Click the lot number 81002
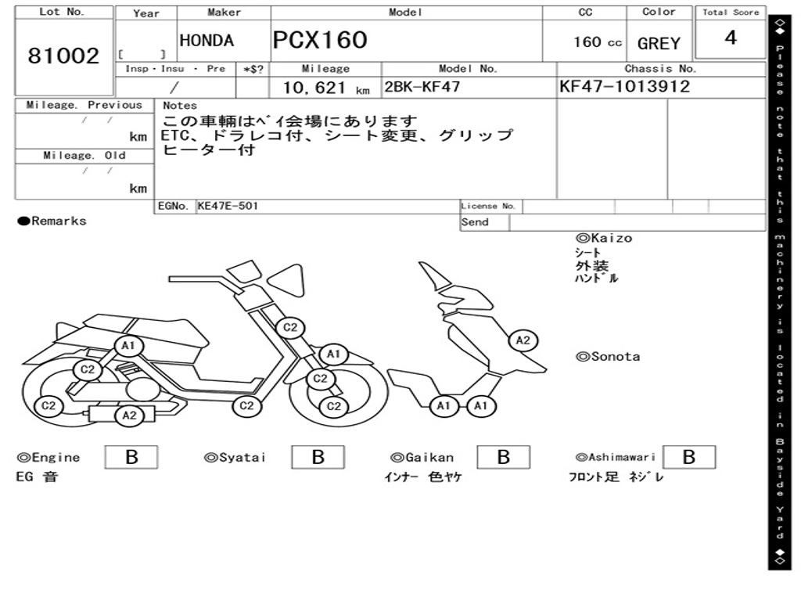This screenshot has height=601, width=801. tap(64, 56)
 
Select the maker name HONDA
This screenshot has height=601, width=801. tap(207, 41)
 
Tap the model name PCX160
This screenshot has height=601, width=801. tap(319, 40)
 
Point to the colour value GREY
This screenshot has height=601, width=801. tap(659, 44)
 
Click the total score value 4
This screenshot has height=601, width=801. tap(731, 38)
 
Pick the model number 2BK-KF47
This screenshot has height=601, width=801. tap(422, 87)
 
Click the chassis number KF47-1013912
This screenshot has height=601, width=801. tap(624, 87)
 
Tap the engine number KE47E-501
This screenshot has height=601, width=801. tap(228, 207)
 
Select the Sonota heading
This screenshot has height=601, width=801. tap(608, 357)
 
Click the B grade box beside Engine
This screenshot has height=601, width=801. tap(131, 457)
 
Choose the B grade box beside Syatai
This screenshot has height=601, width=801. tap(318, 457)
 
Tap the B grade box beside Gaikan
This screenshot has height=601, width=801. tap(504, 457)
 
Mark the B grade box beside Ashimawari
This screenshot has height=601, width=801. tap(688, 457)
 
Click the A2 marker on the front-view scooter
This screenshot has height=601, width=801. tap(523, 340)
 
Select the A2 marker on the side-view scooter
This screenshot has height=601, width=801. tap(129, 416)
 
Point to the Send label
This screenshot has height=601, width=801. tap(475, 222)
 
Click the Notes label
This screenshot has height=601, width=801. tap(180, 106)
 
